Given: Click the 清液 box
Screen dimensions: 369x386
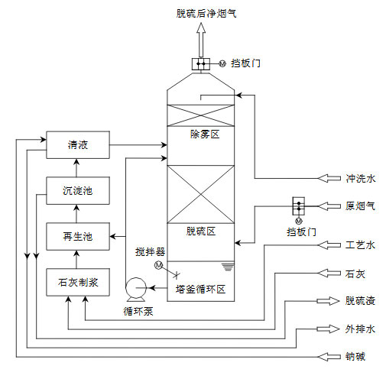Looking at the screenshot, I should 77,144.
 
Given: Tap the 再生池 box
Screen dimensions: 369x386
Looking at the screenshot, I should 77,236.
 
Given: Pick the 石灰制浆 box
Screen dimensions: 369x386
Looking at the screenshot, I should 77,283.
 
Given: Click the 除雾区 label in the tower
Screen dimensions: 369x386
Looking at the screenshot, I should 205,134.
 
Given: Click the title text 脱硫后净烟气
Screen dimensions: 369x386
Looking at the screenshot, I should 200,11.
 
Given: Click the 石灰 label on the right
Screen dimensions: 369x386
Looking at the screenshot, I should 355,273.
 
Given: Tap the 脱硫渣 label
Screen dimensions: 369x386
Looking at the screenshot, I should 360,301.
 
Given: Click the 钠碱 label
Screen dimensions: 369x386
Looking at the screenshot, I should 355,357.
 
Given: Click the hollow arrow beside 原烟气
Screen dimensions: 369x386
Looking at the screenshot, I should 329,206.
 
